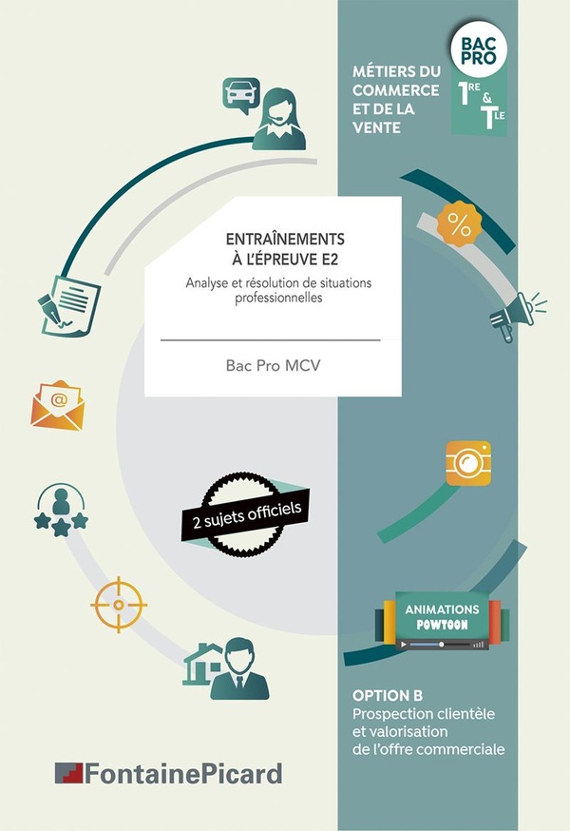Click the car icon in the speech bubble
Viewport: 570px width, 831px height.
click(241, 94)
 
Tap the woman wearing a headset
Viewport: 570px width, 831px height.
click(279, 119)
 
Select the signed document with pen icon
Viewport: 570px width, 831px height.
click(68, 305)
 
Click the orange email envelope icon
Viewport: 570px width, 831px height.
click(58, 405)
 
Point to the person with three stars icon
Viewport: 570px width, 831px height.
click(61, 510)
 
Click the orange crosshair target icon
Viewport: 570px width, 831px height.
click(119, 605)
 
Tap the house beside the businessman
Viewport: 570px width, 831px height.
click(203, 665)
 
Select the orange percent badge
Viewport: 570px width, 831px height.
click(459, 223)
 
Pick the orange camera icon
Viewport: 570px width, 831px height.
click(468, 463)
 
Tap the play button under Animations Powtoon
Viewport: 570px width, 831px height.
click(404, 645)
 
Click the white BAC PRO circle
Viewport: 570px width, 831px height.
click(479, 49)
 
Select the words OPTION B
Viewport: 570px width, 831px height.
click(388, 695)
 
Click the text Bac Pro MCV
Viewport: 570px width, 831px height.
click(273, 366)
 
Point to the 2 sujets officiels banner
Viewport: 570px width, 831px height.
click(246, 515)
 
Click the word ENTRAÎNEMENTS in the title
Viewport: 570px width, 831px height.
click(285, 239)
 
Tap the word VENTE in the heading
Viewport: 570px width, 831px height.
click(376, 127)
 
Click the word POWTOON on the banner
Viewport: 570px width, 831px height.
click(443, 625)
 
